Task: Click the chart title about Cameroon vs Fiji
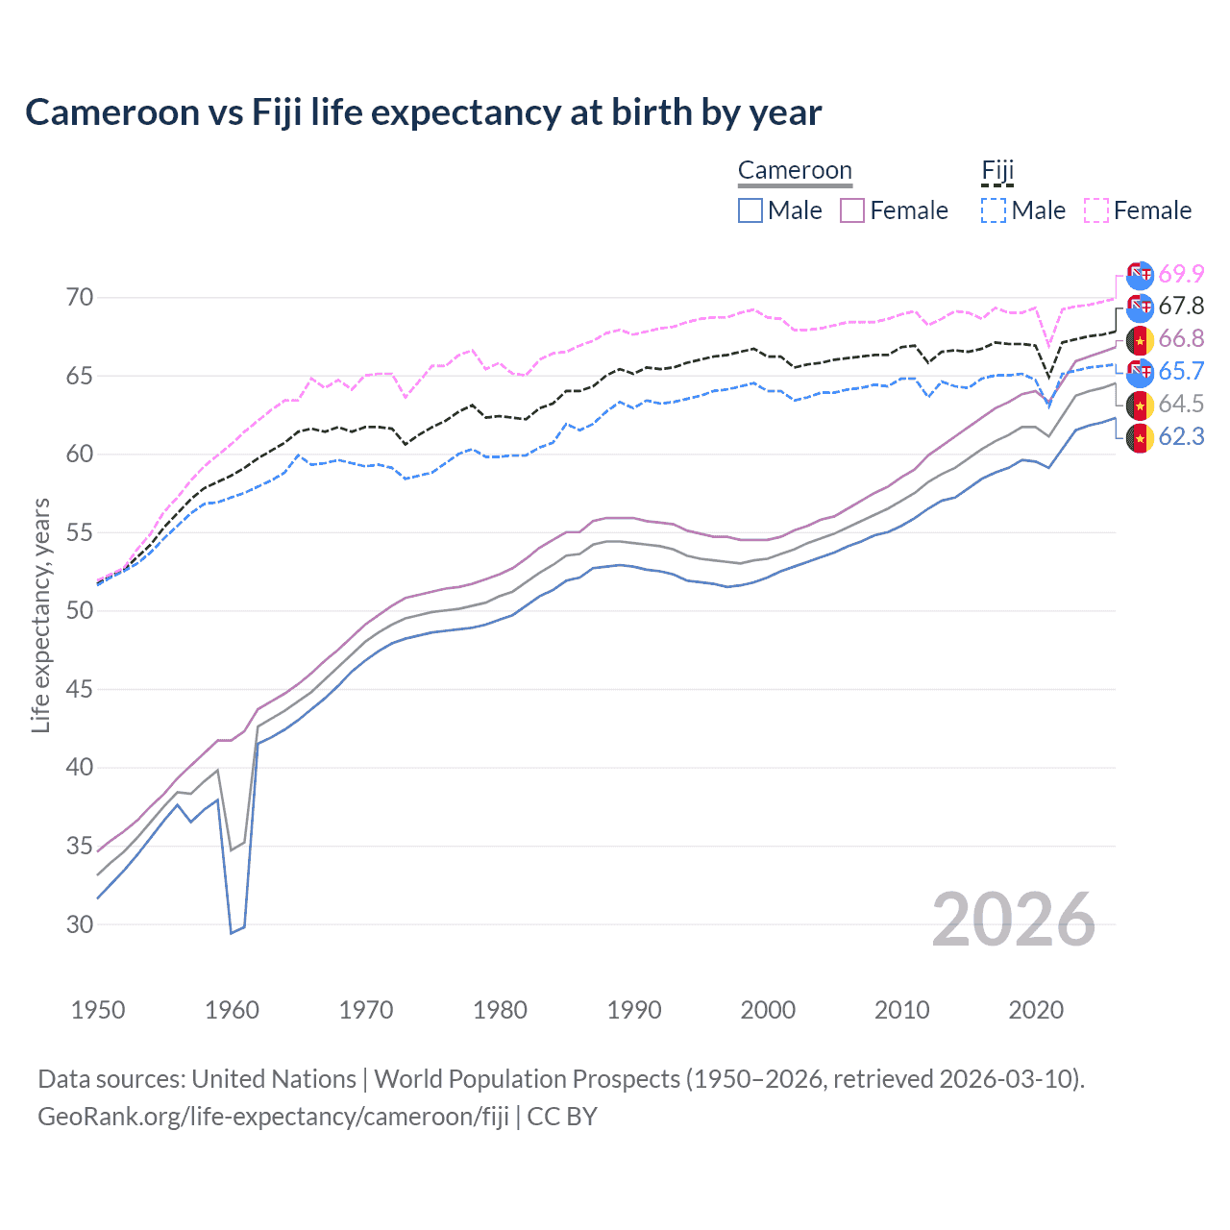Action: (x=423, y=112)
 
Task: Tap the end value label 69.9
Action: (x=1180, y=274)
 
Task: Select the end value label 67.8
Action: (x=1180, y=307)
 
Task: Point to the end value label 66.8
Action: (x=1180, y=339)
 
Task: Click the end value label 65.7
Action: (x=1180, y=372)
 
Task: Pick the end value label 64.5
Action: (x=1180, y=405)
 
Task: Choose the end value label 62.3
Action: (x=1180, y=437)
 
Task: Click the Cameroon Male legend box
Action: (x=750, y=210)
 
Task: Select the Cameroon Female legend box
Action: (x=853, y=210)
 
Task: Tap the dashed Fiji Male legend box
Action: (x=994, y=210)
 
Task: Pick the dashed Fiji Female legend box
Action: (x=1096, y=210)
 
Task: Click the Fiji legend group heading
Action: (x=997, y=171)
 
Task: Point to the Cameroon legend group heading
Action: (x=795, y=171)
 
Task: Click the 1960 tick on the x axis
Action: (x=232, y=1010)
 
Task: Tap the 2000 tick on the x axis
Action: (x=768, y=1010)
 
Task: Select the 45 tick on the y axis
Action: (x=80, y=689)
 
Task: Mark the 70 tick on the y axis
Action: (x=80, y=298)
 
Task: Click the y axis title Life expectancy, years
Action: (x=40, y=615)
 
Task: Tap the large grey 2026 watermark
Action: (x=1014, y=921)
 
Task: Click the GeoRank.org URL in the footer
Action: (x=273, y=1117)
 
